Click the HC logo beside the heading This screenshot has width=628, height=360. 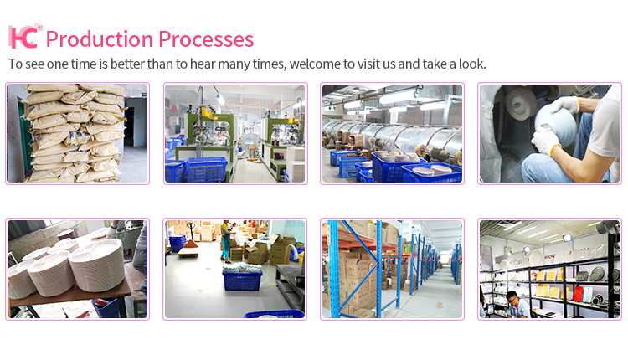pos(25,36)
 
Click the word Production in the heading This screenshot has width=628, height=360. pos(100,39)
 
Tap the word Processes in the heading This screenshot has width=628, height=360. pos(206,39)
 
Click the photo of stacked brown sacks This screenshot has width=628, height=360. pos(77,133)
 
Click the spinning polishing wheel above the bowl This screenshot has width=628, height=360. pos(520,103)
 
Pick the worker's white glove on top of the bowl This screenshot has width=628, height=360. pos(564,105)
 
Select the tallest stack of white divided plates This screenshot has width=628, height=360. pos(96,265)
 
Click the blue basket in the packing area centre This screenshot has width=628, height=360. pos(242,280)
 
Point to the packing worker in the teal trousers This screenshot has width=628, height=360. pos(226,240)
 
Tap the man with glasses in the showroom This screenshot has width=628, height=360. pos(517,305)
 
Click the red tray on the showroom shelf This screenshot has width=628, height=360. pos(578,294)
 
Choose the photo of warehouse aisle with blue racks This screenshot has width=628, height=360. pos(392,269)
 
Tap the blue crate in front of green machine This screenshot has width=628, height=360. pos(206,169)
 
